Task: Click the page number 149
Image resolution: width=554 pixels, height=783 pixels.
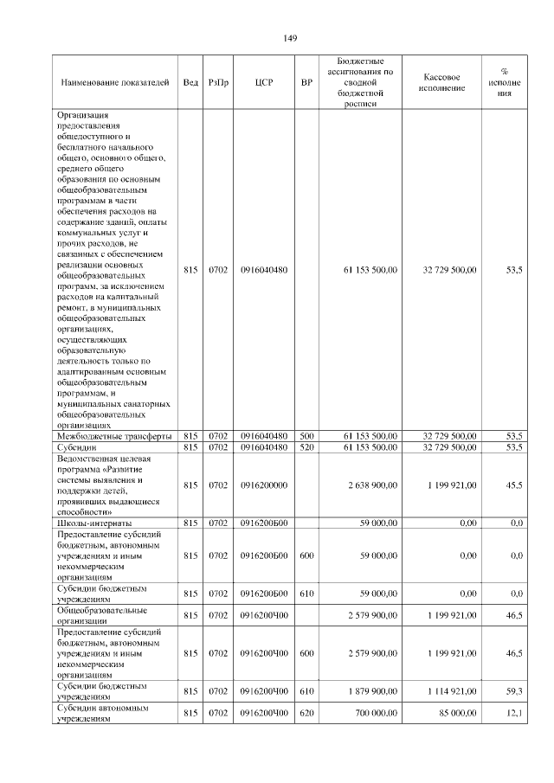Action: (x=290, y=38)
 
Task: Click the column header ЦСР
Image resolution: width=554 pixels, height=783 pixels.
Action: (x=264, y=82)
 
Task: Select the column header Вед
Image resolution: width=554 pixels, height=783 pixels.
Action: (x=190, y=82)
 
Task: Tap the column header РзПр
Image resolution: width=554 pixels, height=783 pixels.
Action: (x=218, y=82)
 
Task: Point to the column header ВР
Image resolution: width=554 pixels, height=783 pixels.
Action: (x=306, y=82)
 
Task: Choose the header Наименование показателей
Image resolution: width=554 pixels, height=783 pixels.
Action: (x=115, y=82)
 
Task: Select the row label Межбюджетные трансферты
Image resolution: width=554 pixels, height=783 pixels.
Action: (x=113, y=435)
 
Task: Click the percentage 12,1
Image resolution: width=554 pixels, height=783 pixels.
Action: (x=513, y=713)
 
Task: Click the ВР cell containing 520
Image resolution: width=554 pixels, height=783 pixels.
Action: (x=306, y=447)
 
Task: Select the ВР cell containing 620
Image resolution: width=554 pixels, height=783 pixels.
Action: (x=306, y=713)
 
